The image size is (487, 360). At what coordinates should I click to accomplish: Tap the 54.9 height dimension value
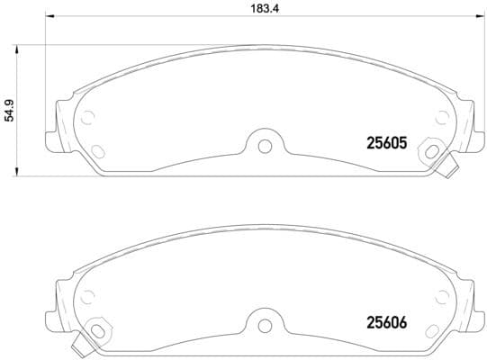pyautogui.click(x=9, y=110)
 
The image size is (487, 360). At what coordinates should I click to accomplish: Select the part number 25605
pyautogui.click(x=387, y=142)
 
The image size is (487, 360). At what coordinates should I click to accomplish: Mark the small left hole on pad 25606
pyautogui.click(x=88, y=294)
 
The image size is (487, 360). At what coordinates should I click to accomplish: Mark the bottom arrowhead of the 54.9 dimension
pyautogui.click(x=20, y=171)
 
